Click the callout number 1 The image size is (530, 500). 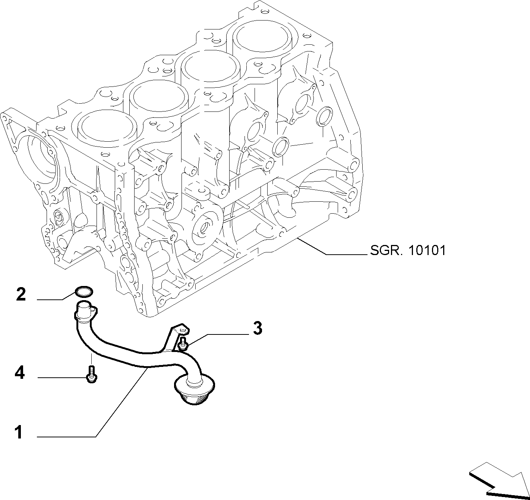click(19, 432)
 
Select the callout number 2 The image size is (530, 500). click(21, 294)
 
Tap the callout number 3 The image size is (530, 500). click(258, 328)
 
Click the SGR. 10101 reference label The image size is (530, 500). click(408, 251)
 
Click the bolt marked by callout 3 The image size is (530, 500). click(183, 343)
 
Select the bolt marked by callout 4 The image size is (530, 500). click(92, 374)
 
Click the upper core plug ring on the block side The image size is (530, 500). click(324, 115)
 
